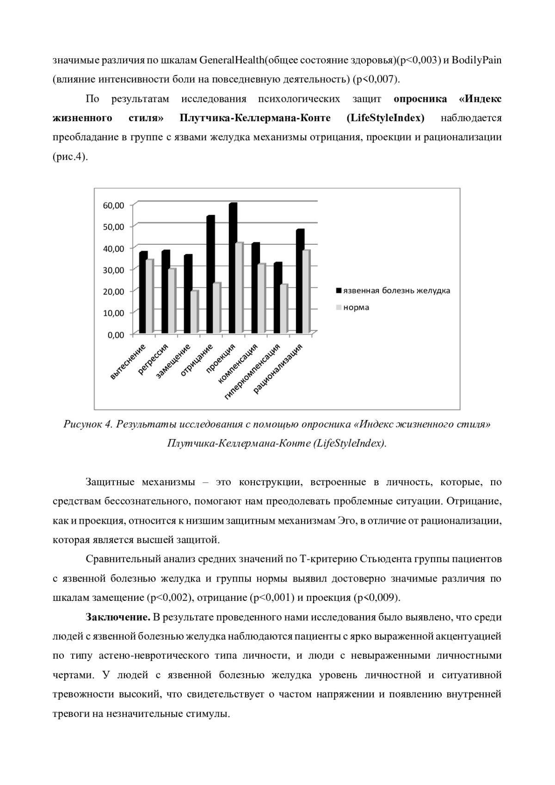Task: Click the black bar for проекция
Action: (x=233, y=268)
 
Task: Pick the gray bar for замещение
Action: (x=194, y=312)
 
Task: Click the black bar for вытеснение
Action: (x=142, y=292)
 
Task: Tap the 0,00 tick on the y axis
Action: (x=116, y=334)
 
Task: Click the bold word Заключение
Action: (x=118, y=617)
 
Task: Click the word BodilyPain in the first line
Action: (x=477, y=60)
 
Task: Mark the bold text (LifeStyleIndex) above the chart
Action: (x=385, y=118)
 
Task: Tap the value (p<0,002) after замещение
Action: (x=170, y=598)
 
